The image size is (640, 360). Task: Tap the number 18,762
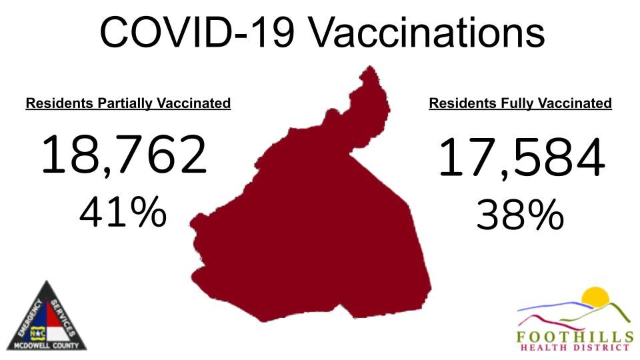[124, 154]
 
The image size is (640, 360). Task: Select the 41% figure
[123, 213]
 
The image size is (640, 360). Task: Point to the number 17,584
[521, 159]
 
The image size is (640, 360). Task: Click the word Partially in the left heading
[127, 104]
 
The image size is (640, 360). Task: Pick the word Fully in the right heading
[511, 104]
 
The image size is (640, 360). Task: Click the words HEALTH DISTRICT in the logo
[575, 347]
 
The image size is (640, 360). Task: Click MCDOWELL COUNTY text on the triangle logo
[47, 345]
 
